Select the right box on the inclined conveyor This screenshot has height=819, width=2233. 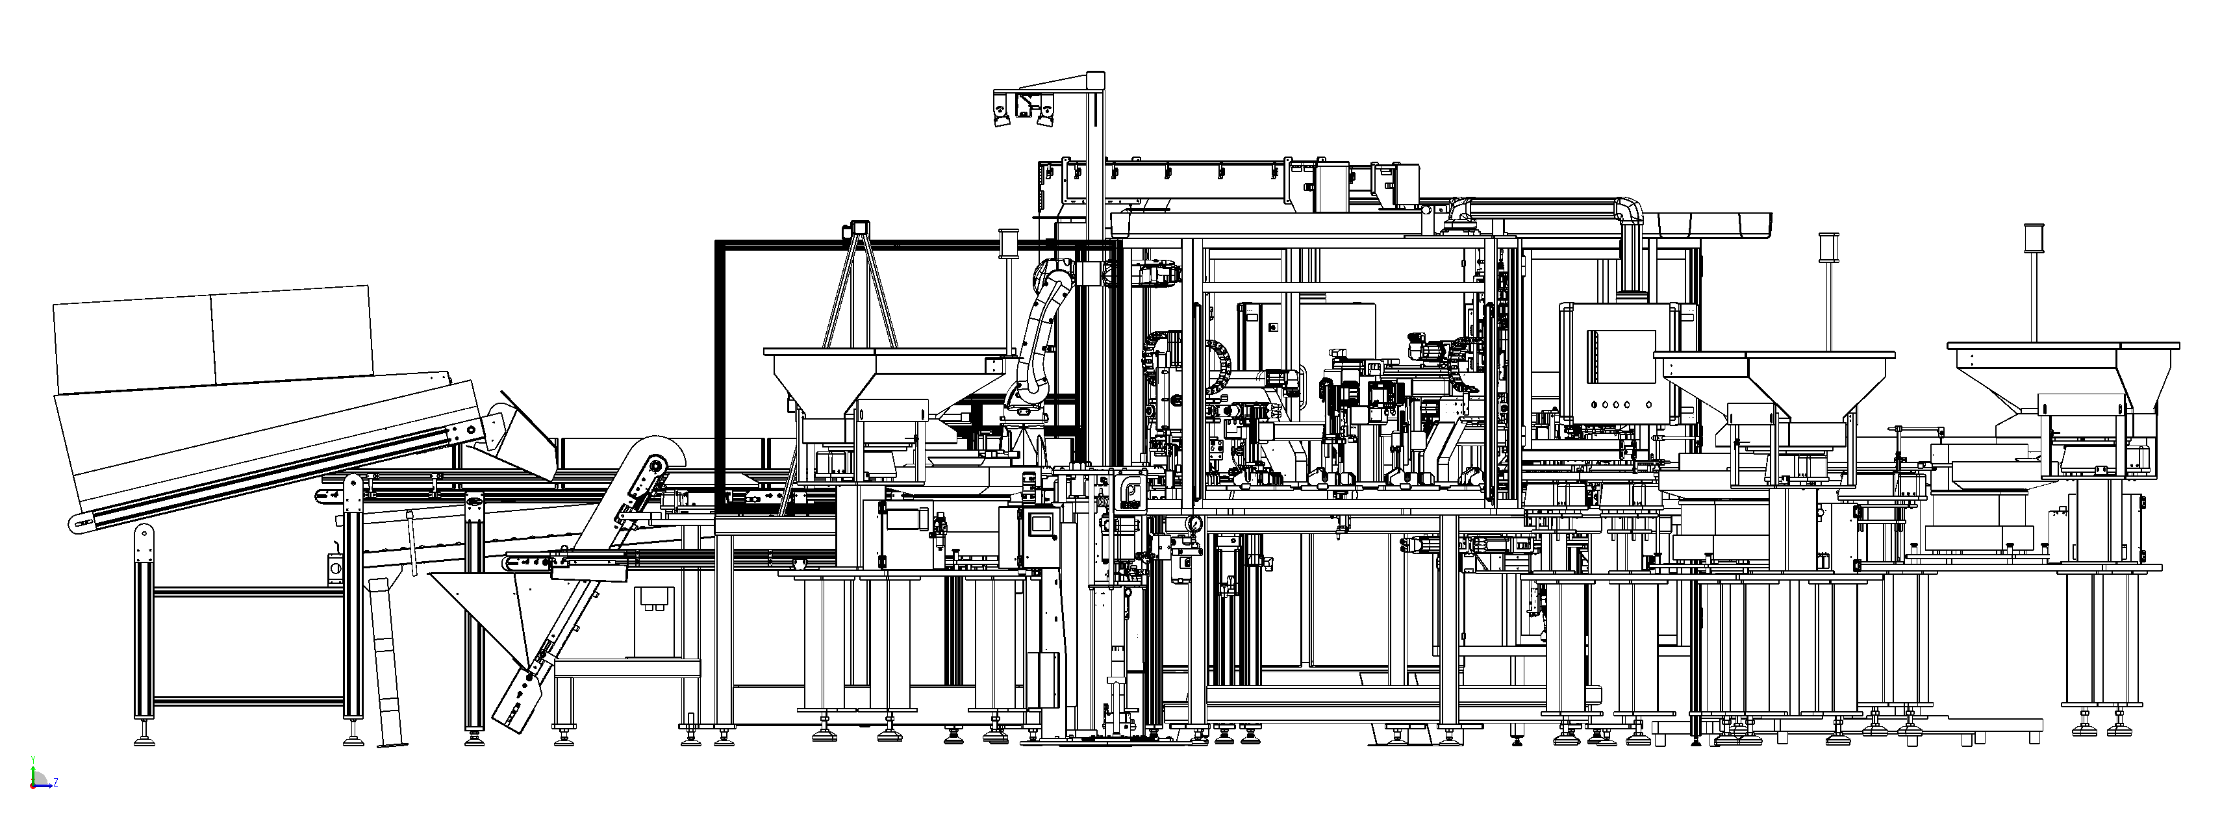coord(292,335)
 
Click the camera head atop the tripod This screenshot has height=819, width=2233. coord(860,229)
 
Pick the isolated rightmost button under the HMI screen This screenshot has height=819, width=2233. coord(1648,404)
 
